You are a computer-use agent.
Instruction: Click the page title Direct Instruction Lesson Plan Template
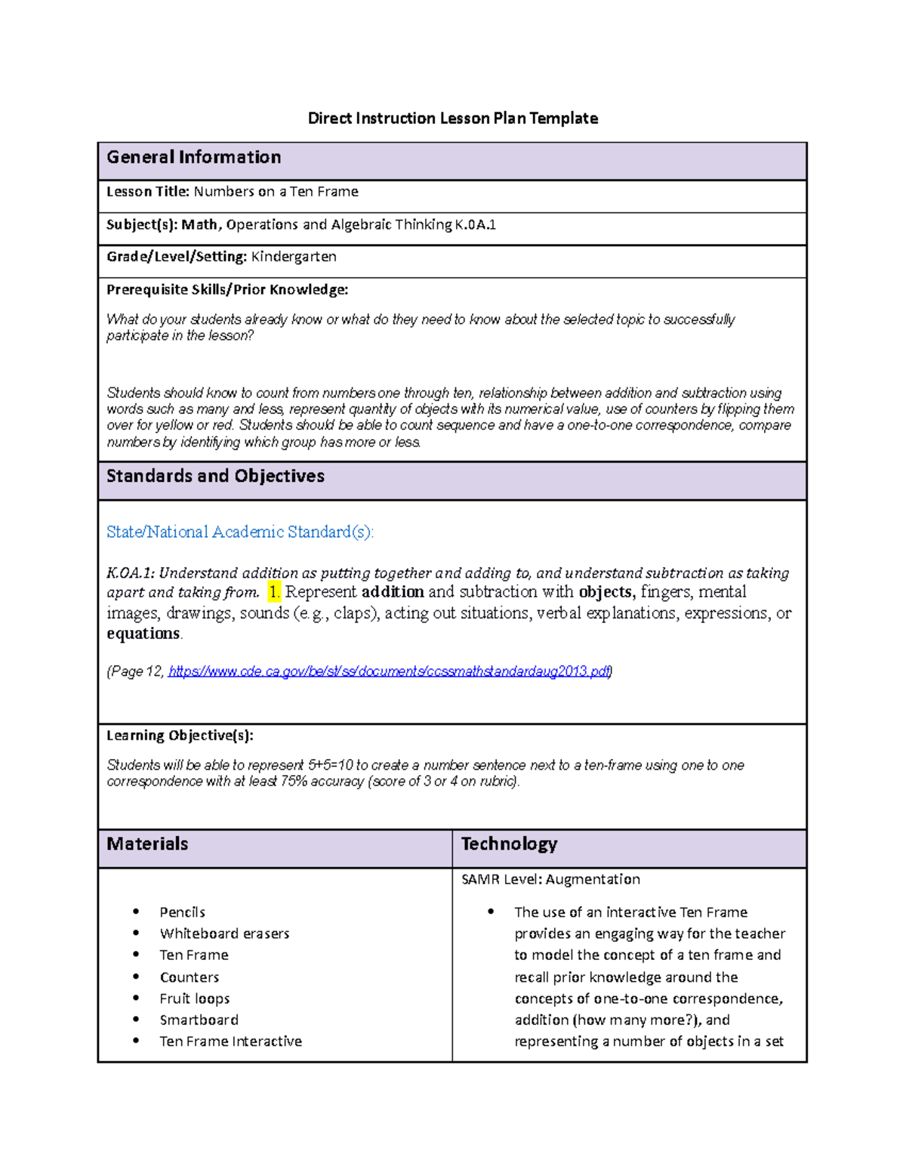[453, 119]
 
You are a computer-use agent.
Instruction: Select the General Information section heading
[194, 158]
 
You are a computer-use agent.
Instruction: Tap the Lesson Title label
[148, 192]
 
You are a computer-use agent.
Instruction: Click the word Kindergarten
[294, 257]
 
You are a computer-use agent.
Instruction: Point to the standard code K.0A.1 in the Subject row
[475, 224]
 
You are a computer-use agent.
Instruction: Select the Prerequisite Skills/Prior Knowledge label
[227, 290]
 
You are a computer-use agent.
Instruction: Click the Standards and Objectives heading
[215, 477]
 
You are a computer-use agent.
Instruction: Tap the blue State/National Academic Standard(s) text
[240, 532]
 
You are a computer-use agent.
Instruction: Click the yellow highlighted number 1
[274, 592]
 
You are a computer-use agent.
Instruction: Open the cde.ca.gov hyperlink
[389, 671]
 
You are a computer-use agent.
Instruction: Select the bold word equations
[143, 634]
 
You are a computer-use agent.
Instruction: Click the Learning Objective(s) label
[180, 736]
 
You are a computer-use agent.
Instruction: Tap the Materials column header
[147, 844]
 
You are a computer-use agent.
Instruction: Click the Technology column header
[509, 844]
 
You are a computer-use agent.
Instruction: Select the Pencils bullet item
[183, 912]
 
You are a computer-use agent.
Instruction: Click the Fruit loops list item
[195, 999]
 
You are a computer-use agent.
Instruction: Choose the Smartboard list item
[199, 1020]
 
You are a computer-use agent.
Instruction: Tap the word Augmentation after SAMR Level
[593, 880]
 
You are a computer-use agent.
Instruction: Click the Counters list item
[190, 977]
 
